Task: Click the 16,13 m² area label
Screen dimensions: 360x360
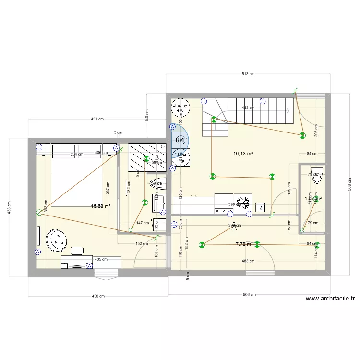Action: (243, 154)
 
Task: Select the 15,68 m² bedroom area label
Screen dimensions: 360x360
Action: (101, 206)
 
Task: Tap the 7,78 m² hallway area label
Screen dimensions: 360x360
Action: (244, 244)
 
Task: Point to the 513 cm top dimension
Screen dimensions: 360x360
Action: (248, 74)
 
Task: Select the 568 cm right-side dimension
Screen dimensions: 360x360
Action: (350, 188)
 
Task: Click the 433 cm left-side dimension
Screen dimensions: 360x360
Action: (10, 207)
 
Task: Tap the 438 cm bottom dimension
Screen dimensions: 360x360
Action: (98, 296)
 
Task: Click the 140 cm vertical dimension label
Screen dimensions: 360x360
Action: (147, 116)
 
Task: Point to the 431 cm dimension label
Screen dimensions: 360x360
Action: (97, 119)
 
